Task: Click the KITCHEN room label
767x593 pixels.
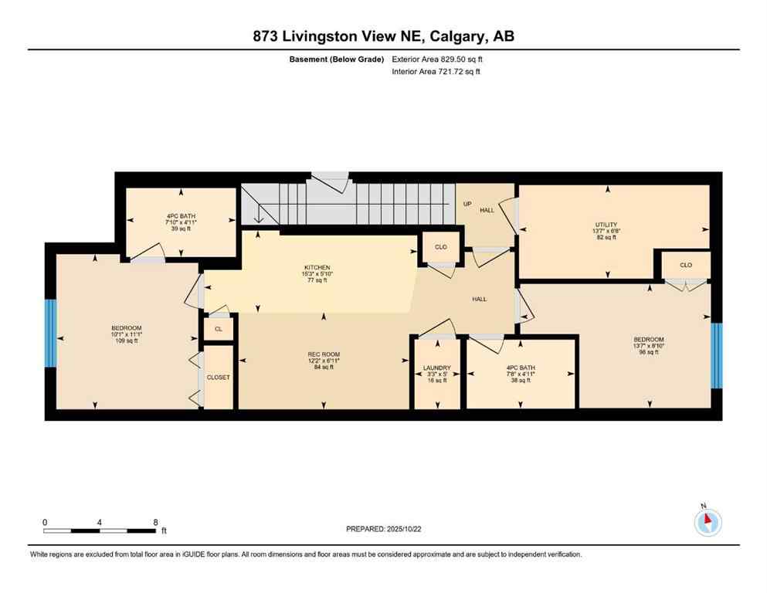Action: click(x=317, y=267)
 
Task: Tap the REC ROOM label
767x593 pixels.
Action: click(x=324, y=354)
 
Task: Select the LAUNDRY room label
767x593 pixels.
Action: click(x=436, y=368)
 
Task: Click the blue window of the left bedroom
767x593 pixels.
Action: click(x=51, y=332)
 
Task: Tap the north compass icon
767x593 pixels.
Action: click(x=708, y=522)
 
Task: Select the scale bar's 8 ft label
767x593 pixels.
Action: click(x=156, y=522)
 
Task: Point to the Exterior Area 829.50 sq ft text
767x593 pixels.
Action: click(x=441, y=59)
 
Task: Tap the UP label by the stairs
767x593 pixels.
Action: click(x=467, y=204)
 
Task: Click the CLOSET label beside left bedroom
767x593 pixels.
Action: click(x=218, y=377)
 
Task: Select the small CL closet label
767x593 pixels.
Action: click(x=219, y=329)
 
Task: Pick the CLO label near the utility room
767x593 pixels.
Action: click(x=685, y=265)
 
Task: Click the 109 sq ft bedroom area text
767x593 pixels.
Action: click(x=127, y=341)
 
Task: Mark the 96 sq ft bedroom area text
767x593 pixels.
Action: click(x=648, y=352)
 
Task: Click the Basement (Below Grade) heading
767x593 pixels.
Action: click(x=341, y=59)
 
